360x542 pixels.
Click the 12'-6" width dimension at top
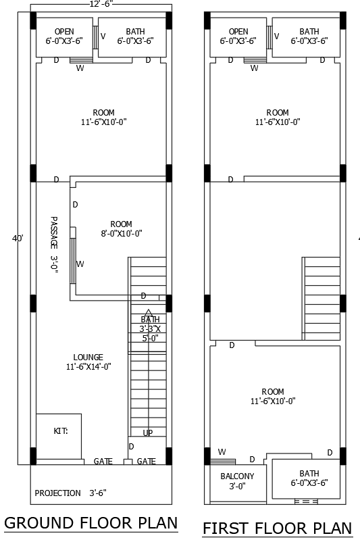(101, 3)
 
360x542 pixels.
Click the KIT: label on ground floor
(61, 430)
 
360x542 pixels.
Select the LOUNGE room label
(88, 358)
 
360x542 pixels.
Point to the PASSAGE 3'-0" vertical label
(54, 244)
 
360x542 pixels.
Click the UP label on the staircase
(147, 433)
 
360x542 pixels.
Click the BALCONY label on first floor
(237, 476)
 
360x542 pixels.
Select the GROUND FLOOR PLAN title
(91, 522)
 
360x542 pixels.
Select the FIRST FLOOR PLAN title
(277, 528)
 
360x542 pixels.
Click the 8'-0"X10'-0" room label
(122, 234)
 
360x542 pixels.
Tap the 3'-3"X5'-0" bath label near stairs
(150, 329)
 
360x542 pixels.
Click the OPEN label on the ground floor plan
(64, 32)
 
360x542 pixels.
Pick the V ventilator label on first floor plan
(277, 36)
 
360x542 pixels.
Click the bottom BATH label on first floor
(309, 473)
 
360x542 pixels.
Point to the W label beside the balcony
(222, 452)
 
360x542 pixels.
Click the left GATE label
(103, 462)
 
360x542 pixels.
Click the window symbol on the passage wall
(73, 264)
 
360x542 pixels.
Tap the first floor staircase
(321, 297)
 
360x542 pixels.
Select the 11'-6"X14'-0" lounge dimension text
(88, 367)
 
